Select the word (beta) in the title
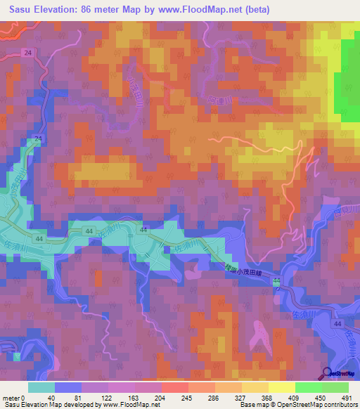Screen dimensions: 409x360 click(x=252, y=10)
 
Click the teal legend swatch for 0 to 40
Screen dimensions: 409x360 click(x=41, y=387)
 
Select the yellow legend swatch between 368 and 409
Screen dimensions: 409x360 click(x=281, y=387)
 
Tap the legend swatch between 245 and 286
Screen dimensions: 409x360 click(x=201, y=387)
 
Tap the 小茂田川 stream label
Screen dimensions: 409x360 click(x=130, y=91)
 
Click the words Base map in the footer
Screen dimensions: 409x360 click(x=250, y=405)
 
